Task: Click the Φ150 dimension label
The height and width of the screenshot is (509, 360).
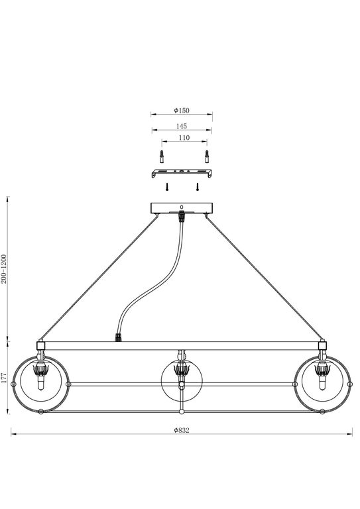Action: click(180, 109)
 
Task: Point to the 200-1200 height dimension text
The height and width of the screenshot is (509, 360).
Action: click(5, 268)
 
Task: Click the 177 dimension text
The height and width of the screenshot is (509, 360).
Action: click(5, 378)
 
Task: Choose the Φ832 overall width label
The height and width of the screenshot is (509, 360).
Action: click(182, 430)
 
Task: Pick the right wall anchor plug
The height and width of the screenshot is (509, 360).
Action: click(206, 156)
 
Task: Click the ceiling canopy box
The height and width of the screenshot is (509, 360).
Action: click(181, 207)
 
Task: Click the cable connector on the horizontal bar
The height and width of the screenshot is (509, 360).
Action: click(119, 337)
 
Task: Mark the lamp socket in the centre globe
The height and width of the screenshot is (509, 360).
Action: click(180, 370)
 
